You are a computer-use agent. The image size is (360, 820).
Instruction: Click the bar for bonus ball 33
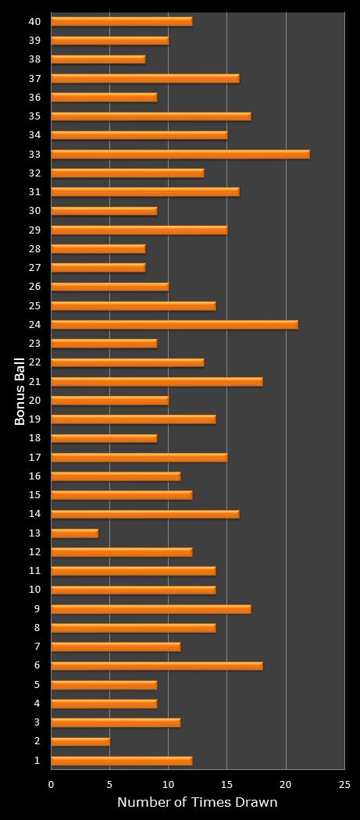pos(180,154)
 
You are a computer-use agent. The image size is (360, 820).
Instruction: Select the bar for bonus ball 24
pos(174,325)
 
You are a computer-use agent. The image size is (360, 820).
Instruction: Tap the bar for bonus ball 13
pos(74,533)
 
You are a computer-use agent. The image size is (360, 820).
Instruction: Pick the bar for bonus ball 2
pos(80,742)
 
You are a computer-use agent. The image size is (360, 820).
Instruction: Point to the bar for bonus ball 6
pos(157,666)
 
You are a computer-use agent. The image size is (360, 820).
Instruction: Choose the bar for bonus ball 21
pos(157,382)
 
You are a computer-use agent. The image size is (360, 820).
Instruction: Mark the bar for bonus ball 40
pos(122,21)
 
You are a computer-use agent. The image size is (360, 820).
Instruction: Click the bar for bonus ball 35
pos(151,116)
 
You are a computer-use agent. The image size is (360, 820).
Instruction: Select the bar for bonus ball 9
pos(151,609)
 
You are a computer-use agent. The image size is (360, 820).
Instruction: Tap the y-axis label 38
pos(34,59)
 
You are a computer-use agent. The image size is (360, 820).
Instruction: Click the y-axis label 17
pos(34,458)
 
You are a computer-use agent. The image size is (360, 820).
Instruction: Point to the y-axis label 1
pos(37,761)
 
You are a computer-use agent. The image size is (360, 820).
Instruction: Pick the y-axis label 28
pos(34,249)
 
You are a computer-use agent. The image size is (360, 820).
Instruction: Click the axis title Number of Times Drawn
pos(197,802)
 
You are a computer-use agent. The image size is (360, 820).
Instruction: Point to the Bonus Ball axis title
pos(20,391)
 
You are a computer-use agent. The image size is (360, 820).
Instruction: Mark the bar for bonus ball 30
pos(104,211)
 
